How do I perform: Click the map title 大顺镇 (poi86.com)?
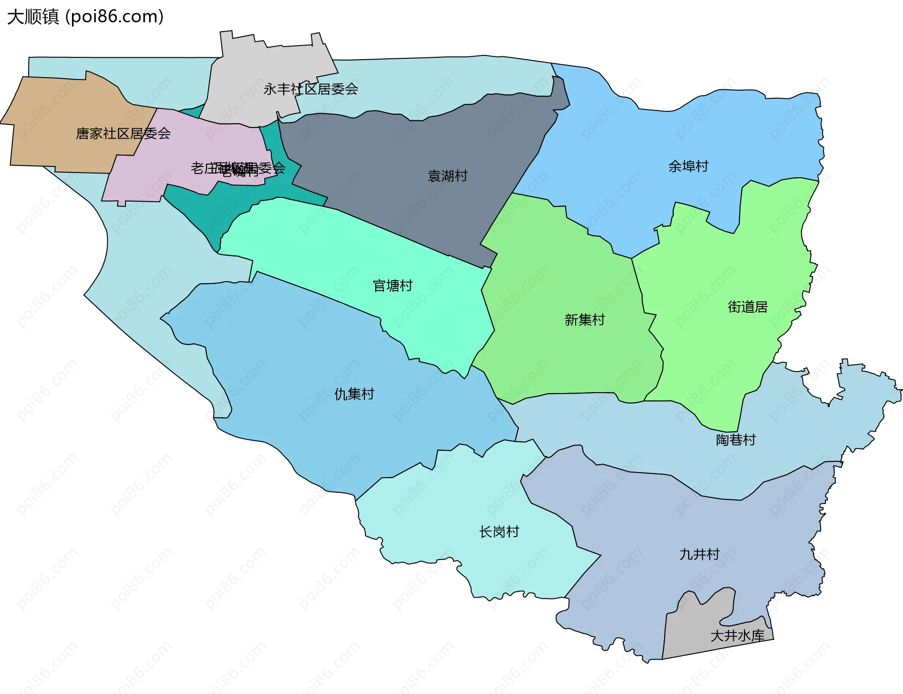(85, 16)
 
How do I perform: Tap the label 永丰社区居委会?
(310, 89)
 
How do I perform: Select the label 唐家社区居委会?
(123, 134)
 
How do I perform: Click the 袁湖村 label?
(447, 176)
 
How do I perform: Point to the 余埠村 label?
(688, 166)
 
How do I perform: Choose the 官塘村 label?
(392, 285)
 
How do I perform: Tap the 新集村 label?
(584, 320)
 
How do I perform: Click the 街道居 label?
(747, 307)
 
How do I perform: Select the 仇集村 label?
(354, 394)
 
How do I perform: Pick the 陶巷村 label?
(736, 440)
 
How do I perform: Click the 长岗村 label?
(499, 532)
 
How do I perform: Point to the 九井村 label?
(699, 554)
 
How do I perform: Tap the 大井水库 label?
(737, 636)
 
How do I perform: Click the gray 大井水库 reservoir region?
(705, 621)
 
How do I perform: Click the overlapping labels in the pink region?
(238, 168)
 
